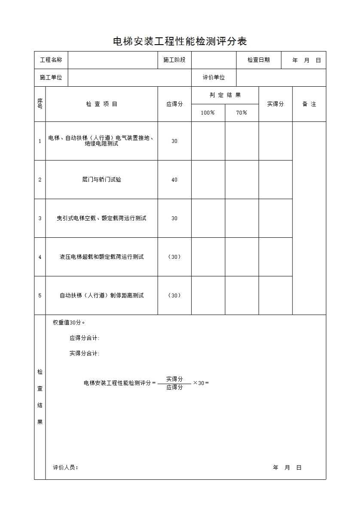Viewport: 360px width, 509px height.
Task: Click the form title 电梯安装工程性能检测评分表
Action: pos(180,42)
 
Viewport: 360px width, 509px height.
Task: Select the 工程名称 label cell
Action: pos(51,60)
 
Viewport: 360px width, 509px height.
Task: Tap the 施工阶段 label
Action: pos(174,60)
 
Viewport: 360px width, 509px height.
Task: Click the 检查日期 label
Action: pos(259,60)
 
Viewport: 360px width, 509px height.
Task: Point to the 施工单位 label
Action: pos(51,78)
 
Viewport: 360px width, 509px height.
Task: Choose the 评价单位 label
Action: pos(214,78)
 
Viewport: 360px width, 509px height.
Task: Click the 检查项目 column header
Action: pos(102,104)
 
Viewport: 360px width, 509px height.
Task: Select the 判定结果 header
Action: pos(225,95)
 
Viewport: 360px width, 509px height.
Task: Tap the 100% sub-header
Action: pos(208,113)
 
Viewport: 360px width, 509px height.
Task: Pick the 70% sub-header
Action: pos(242,113)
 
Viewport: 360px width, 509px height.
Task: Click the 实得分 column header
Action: pos(275,104)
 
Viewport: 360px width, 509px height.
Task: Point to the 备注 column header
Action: pos(309,104)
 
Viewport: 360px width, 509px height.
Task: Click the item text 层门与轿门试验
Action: pos(102,180)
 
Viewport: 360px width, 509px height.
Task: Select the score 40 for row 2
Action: pos(174,180)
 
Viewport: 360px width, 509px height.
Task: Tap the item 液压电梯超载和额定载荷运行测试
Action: pos(102,257)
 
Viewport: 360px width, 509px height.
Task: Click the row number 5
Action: pos(40,296)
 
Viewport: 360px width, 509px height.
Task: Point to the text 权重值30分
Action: pos(69,323)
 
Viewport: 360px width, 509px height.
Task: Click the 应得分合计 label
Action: pos(85,338)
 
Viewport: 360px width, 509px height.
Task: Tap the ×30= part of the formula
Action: pos(201,383)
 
